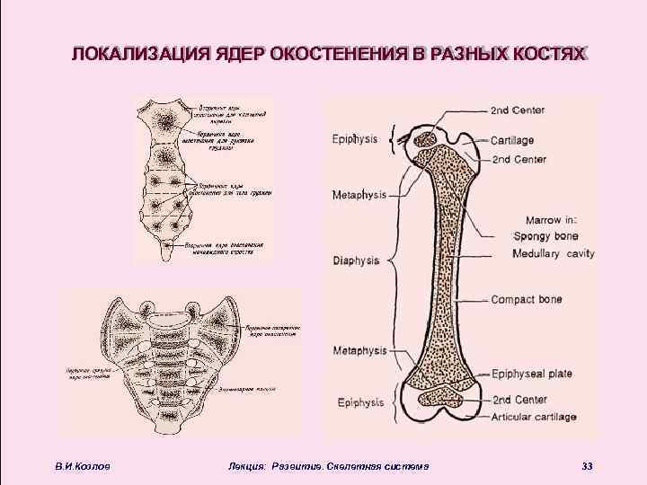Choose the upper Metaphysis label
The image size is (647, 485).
359,194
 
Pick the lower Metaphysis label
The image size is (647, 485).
359,349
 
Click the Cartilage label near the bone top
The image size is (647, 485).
513,140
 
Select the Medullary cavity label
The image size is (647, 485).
553,254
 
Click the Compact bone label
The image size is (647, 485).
527,299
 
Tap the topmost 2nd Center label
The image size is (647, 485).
518,110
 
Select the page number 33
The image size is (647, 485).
588,465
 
